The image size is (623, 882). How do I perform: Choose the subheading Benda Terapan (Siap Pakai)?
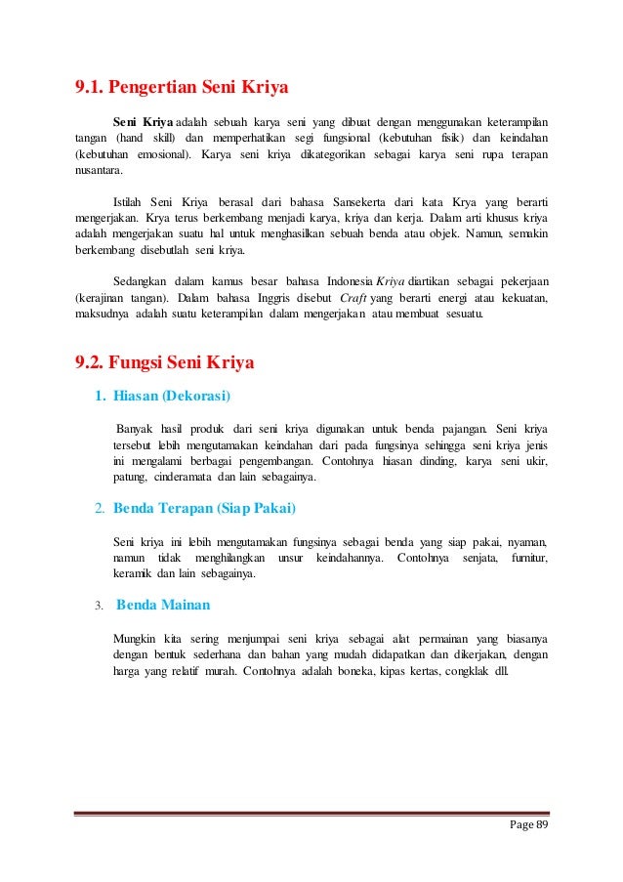click(x=205, y=509)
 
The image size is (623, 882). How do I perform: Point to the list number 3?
click(x=99, y=606)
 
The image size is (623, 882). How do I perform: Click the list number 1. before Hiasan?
click(x=100, y=396)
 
